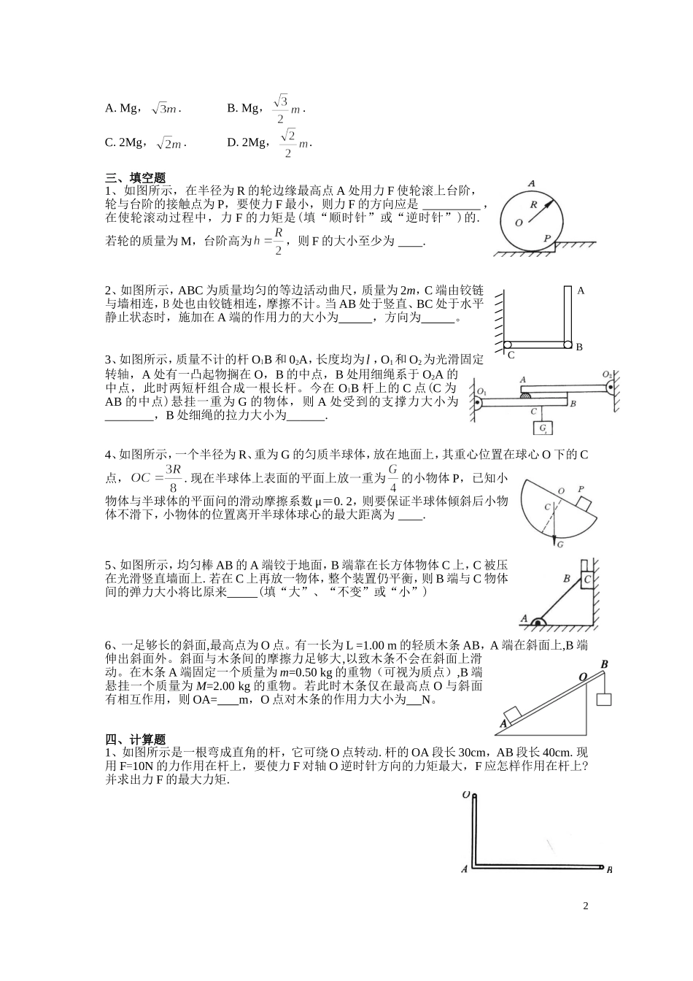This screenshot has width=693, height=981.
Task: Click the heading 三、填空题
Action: pos(136,177)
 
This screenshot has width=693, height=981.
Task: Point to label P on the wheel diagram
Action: pos(547,238)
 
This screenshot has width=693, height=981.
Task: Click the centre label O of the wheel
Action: pos(518,223)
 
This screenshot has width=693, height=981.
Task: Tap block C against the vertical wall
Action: pos(587,580)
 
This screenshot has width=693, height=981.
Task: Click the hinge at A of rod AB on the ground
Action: pos(539,621)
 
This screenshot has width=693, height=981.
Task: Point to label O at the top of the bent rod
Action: pos(465,795)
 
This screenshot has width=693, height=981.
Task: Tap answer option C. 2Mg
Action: pos(123,142)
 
